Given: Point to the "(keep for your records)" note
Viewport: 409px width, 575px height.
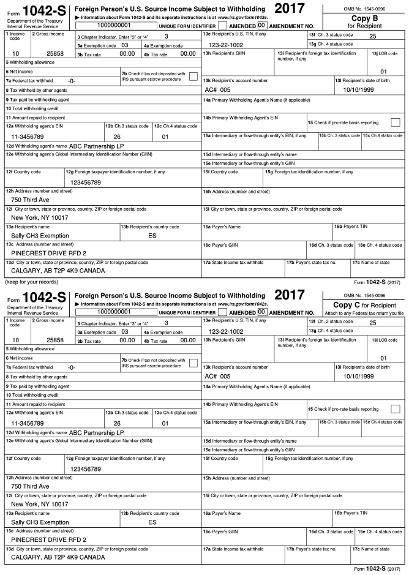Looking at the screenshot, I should (31, 282).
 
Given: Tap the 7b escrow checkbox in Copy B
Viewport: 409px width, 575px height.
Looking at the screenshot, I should (193, 76).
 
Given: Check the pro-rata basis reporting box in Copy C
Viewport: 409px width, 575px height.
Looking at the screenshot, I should (395, 408).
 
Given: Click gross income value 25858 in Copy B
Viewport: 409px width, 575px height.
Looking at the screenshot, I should (55, 54).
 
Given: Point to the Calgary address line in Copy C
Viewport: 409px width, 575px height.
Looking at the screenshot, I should (58, 557).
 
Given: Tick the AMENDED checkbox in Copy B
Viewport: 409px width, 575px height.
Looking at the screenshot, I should (223, 26).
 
